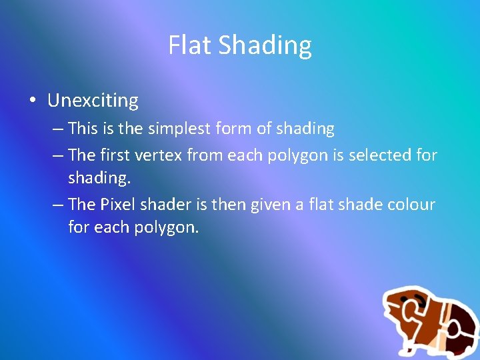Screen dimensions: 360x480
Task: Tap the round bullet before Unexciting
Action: pyautogui.click(x=31, y=101)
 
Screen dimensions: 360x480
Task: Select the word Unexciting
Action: pyautogui.click(x=93, y=101)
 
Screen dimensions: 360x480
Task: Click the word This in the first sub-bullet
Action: pyautogui.click(x=83, y=128)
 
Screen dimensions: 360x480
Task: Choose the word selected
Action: pyautogui.click(x=378, y=155)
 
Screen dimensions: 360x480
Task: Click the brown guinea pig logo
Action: pyautogui.click(x=429, y=321)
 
